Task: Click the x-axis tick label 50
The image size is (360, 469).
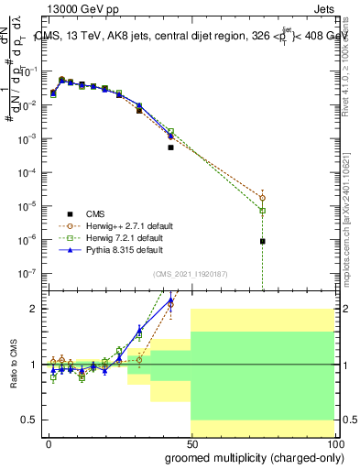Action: (191, 443)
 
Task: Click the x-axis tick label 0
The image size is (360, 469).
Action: (49, 443)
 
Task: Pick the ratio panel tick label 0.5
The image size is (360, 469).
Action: (29, 420)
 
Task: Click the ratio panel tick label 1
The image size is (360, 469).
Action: (33, 365)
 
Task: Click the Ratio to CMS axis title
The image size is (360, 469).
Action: (12, 365)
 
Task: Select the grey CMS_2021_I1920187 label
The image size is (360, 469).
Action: (189, 274)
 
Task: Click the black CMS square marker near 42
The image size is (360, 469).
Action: (170, 147)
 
